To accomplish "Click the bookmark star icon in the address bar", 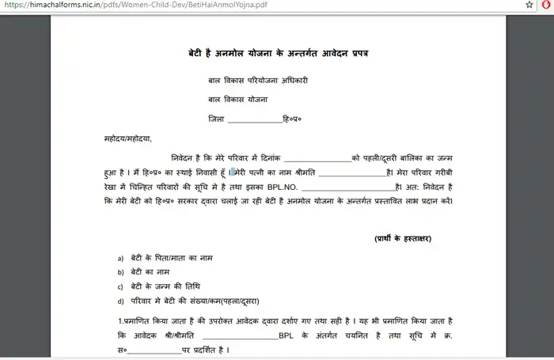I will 529,5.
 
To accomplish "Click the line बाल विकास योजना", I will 238,100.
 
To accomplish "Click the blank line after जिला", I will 254,119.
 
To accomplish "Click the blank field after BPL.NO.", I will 347,188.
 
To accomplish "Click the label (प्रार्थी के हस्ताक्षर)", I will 402,239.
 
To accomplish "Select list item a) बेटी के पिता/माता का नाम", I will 169,259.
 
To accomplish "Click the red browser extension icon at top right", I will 546,5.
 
